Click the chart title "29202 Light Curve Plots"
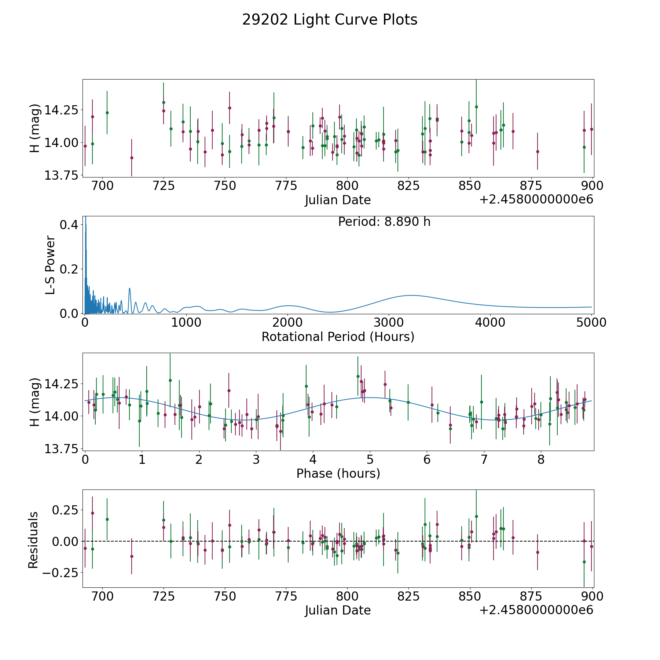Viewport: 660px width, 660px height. click(330, 20)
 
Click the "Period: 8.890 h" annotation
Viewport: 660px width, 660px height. click(384, 222)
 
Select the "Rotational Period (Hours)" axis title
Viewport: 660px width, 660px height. click(338, 337)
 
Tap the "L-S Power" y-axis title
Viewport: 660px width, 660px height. click(51, 265)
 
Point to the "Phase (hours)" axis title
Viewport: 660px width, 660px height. click(338, 473)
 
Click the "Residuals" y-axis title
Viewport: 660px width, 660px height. click(33, 540)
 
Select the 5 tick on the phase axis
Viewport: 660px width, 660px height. click(370, 459)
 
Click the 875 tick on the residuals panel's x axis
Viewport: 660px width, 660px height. click(531, 597)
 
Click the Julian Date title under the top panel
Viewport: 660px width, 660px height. click(338, 200)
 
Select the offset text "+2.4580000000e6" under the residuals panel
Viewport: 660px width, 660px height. click(536, 610)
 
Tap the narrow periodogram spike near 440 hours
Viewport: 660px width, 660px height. click(129, 288)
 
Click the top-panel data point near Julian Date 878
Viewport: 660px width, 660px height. click(538, 151)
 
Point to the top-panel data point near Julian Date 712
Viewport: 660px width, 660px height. click(132, 158)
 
